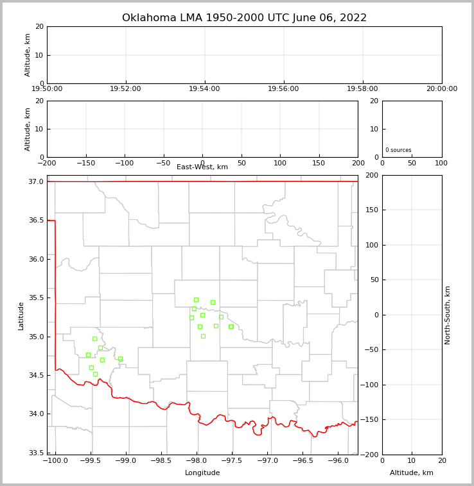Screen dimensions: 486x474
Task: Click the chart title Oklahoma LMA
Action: (244, 18)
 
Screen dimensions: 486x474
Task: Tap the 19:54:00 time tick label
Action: (204, 89)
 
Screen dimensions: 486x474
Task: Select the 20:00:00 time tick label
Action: (441, 89)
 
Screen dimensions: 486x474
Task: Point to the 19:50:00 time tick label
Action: (47, 89)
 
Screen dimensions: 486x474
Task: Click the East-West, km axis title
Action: (202, 167)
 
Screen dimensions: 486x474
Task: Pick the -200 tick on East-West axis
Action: (47, 163)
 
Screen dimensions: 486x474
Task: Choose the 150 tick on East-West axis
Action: (319, 163)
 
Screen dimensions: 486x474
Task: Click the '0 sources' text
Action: (398, 151)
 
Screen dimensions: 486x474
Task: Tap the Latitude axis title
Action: (21, 315)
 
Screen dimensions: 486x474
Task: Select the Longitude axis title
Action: (202, 473)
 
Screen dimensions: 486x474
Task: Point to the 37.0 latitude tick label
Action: (35, 182)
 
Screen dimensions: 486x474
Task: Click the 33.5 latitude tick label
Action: (35, 453)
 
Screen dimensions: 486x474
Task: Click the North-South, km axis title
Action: (448, 315)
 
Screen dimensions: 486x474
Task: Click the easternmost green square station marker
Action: (231, 326)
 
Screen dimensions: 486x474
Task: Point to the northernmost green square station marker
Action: (196, 299)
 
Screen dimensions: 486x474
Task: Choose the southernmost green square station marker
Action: (95, 374)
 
